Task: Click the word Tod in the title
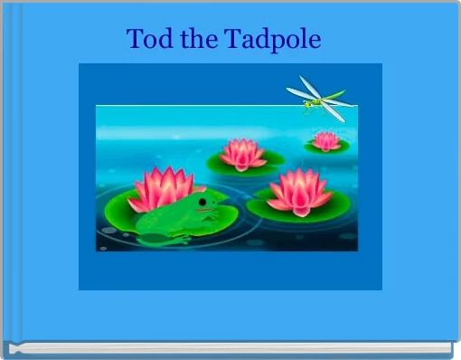tap(150, 38)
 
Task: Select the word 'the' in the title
tap(199, 38)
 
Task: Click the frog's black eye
tap(202, 202)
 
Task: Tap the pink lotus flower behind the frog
tap(162, 189)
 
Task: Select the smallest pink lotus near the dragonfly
tap(325, 141)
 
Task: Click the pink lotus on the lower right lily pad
tap(299, 192)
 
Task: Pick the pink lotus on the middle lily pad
tap(242, 154)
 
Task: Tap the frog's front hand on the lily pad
tap(211, 214)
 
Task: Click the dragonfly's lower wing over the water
tap(333, 111)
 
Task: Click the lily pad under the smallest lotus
tap(326, 146)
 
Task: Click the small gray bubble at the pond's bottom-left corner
tap(103, 249)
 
